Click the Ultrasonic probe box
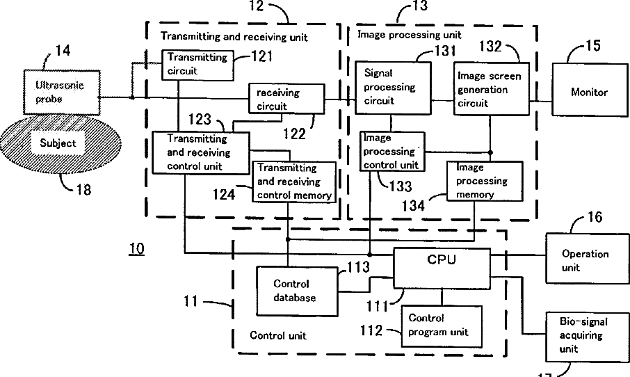point(62,92)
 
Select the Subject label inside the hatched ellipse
point(58,143)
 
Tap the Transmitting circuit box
point(197,65)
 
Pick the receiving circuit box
point(286,99)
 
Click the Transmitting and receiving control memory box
point(293,182)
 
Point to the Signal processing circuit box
point(393,88)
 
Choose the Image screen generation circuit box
point(492,89)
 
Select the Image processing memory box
point(485,181)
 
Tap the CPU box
point(442,268)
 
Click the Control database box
point(298,291)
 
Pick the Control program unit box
point(442,326)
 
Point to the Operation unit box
point(588,259)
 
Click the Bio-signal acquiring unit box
point(588,337)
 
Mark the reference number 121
point(262,56)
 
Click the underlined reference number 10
point(136,249)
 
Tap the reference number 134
point(413,206)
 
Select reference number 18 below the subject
point(83,189)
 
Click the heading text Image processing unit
point(410,35)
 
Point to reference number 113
point(358,267)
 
